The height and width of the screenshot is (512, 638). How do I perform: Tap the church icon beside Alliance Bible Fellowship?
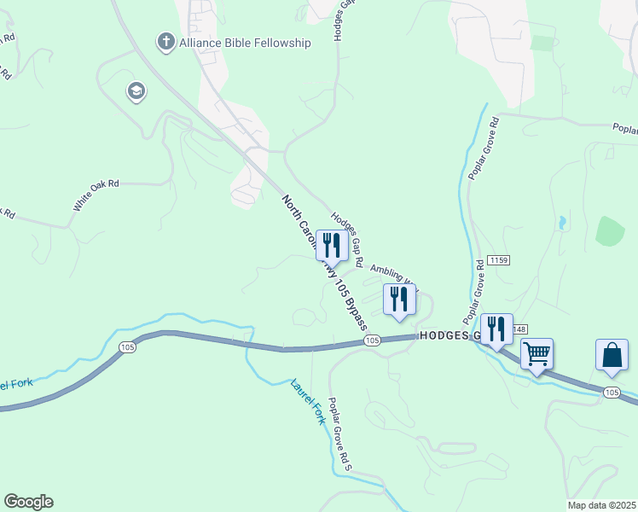click(165, 41)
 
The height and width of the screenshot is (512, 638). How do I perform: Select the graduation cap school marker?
click(136, 91)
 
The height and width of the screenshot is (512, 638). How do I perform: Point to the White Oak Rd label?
click(96, 195)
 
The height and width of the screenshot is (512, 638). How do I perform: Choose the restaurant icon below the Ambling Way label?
click(398, 299)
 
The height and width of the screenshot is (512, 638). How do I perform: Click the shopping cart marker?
click(536, 352)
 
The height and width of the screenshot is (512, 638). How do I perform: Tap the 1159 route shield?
click(500, 260)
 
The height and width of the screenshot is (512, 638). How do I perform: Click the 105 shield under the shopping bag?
click(611, 392)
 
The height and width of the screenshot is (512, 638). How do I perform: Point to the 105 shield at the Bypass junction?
click(371, 340)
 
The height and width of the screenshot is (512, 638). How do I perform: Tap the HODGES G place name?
click(448, 336)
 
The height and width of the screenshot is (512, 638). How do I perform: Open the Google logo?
click(28, 502)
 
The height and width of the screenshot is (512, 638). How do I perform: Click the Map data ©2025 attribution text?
click(601, 505)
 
